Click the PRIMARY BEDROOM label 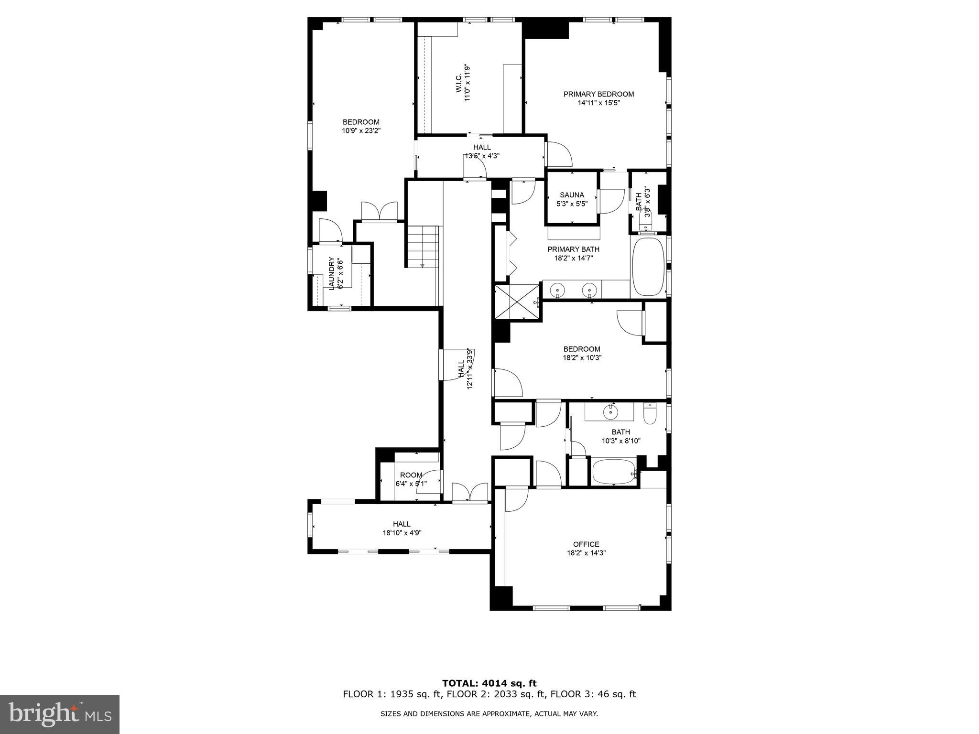tap(598, 94)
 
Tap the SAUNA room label tap(572, 195)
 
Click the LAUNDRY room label tap(331, 273)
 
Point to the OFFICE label tap(586, 544)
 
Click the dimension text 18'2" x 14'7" tap(573, 258)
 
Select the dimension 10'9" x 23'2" tap(361, 130)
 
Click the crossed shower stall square tap(517, 302)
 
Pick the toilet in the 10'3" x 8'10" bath tap(650, 414)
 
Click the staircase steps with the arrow tap(423, 247)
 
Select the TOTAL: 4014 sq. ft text tap(489, 683)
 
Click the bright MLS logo tap(60, 714)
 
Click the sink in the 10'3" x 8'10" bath tap(610, 411)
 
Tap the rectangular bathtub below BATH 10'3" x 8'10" tap(614, 472)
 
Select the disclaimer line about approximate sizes tap(489, 714)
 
